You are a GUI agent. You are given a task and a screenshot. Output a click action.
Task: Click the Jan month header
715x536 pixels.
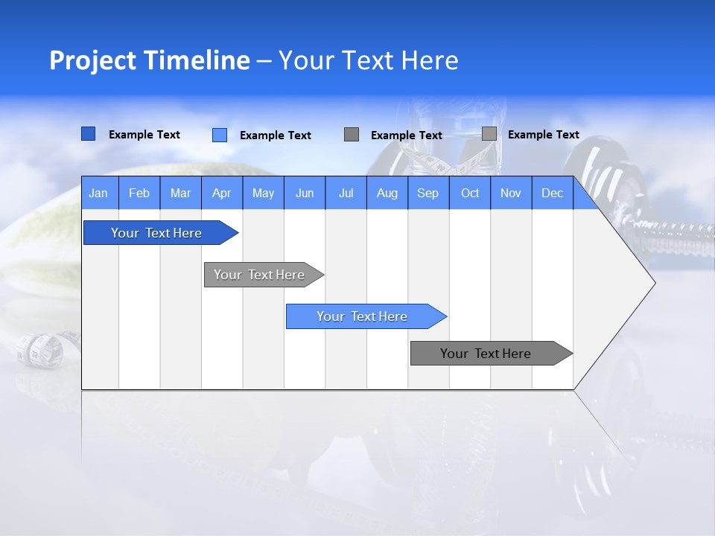coord(98,193)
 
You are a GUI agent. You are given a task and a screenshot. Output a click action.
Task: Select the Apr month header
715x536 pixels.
coord(221,193)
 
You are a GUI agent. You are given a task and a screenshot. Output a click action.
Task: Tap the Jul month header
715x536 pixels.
coord(346,193)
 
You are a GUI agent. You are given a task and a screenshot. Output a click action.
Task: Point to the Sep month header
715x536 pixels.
coord(428,193)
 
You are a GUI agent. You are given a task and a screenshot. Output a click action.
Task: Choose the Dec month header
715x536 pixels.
coord(552,193)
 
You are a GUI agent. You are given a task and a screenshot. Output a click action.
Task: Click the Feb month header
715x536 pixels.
coord(139,193)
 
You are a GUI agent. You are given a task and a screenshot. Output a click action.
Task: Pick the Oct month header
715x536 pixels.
coord(470,193)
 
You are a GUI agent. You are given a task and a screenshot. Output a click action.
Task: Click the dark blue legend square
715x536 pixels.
coord(88,134)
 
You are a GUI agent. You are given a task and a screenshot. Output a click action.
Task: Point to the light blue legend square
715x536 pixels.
coord(219,135)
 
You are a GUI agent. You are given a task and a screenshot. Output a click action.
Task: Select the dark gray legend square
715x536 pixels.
coord(352,134)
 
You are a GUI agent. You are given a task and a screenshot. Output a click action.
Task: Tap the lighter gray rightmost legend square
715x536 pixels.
coord(489,134)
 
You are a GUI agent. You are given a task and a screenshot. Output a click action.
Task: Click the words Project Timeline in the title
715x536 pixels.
coord(149,60)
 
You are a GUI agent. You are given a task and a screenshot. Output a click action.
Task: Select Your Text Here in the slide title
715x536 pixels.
coord(368,60)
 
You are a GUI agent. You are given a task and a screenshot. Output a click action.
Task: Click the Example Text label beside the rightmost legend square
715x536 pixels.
coord(543,135)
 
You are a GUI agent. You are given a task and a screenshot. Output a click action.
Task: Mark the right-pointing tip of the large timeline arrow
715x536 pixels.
coord(653,283)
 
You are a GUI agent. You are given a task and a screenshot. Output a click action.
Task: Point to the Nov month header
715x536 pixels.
coord(511,193)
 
